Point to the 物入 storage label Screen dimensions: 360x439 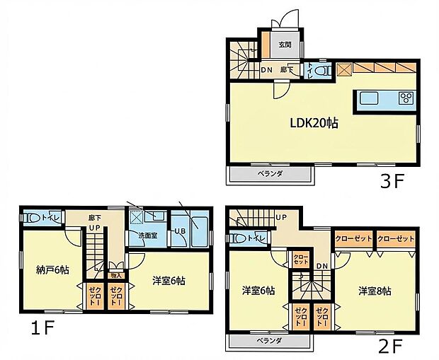pyautogui.click(x=117, y=277)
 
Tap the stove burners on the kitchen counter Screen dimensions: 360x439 pyautogui.click(x=406, y=98)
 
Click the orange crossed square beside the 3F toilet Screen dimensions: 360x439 pyautogui.click(x=343, y=70)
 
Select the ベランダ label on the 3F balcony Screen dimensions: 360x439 pyautogui.click(x=268, y=173)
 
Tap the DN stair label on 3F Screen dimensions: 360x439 pyautogui.click(x=267, y=70)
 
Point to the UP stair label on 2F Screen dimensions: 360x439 pyautogui.click(x=281, y=216)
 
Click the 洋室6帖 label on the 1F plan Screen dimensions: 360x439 pyautogui.click(x=168, y=280)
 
